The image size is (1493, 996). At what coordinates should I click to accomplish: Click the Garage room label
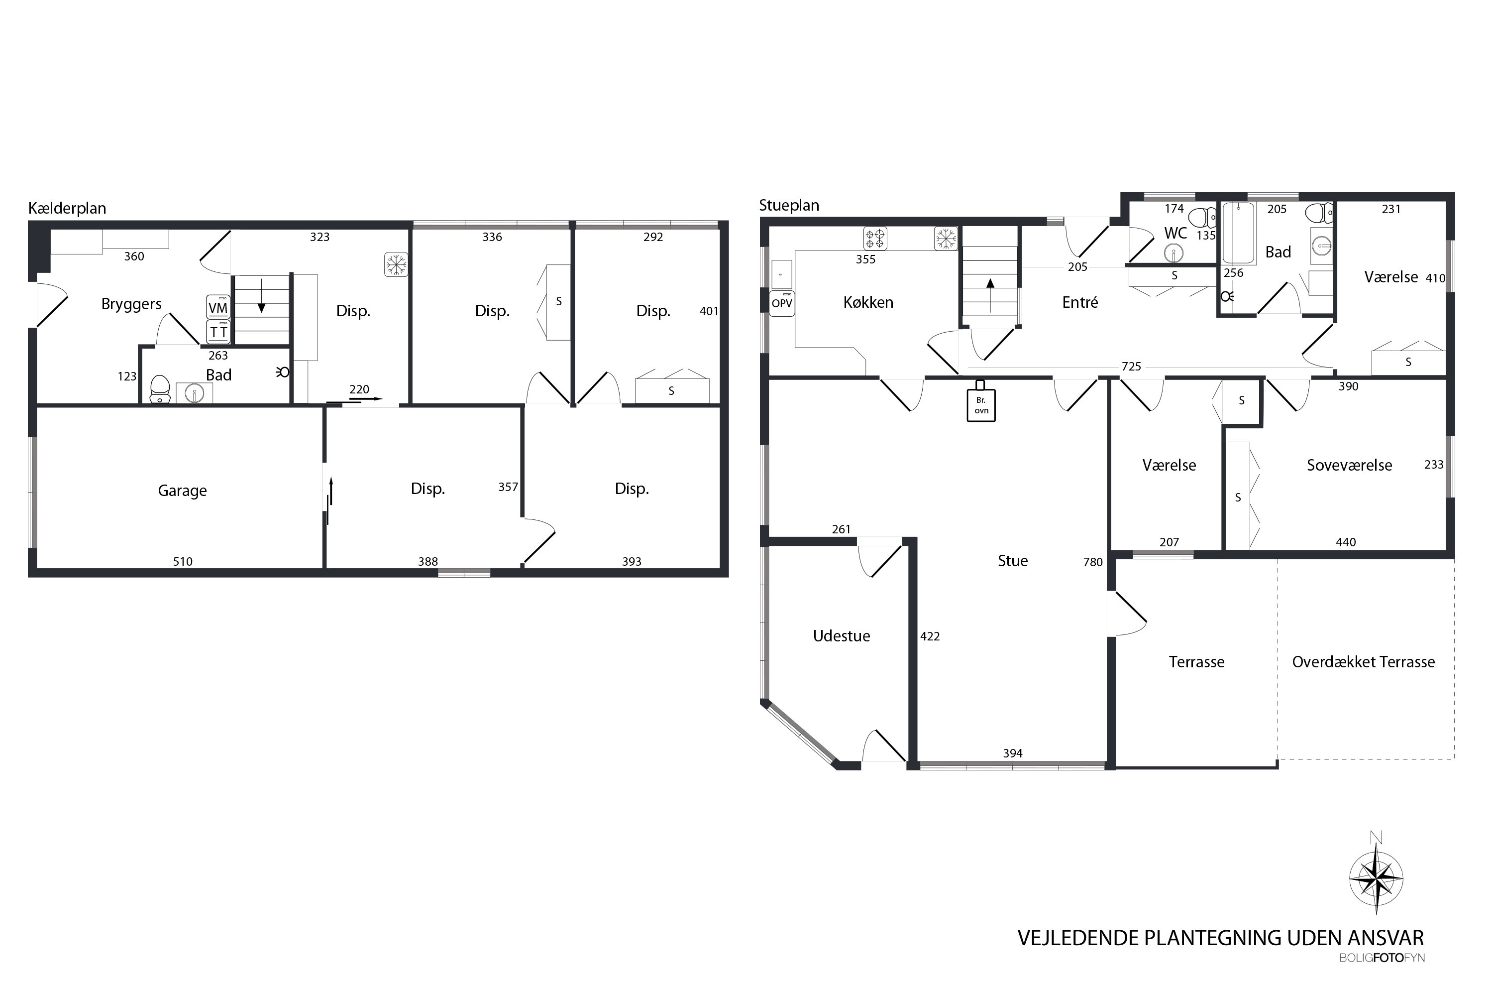click(x=182, y=491)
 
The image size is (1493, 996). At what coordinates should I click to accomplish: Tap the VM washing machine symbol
click(x=218, y=307)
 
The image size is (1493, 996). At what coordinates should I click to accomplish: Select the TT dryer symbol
click(x=218, y=332)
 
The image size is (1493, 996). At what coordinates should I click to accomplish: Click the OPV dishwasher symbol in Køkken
click(x=782, y=304)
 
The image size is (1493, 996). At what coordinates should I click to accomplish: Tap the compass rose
click(x=1376, y=878)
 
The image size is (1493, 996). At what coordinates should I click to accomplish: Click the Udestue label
click(x=841, y=636)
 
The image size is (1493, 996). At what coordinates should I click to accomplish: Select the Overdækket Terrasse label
click(x=1364, y=662)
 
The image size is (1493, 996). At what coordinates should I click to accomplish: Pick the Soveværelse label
click(x=1350, y=465)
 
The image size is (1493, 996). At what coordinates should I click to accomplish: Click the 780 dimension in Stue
click(x=1093, y=562)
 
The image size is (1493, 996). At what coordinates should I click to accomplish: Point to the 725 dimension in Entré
click(x=1131, y=367)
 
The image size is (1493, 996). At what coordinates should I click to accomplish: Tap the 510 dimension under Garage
click(x=183, y=562)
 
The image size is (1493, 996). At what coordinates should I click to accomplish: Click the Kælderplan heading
click(x=67, y=208)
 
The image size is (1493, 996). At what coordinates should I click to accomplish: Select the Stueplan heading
click(x=789, y=206)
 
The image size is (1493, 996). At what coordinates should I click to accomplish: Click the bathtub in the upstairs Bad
click(x=1239, y=233)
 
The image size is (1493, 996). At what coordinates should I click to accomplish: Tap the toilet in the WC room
click(x=1202, y=217)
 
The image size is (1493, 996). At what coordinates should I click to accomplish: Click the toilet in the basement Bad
click(x=159, y=389)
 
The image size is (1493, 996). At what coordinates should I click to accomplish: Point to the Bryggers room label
click(x=131, y=304)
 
